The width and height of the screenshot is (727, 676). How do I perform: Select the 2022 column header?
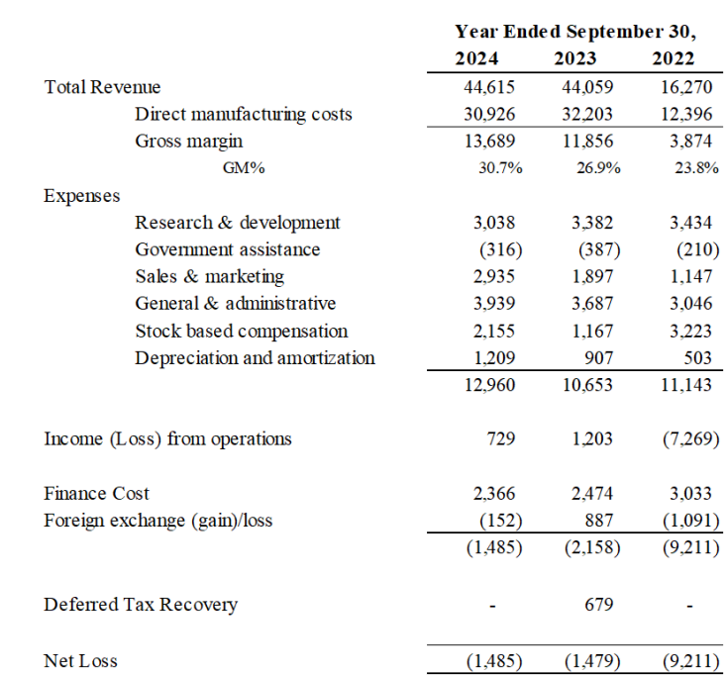(x=674, y=58)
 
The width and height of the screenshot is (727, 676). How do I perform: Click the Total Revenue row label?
(x=102, y=87)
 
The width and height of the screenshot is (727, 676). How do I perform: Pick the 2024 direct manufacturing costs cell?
(x=489, y=114)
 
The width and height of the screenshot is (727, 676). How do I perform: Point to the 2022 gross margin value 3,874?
(x=690, y=142)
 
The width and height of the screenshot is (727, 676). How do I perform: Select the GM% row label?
(x=244, y=168)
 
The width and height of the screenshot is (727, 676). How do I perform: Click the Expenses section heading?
(x=82, y=196)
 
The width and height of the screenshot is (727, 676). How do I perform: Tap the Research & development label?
(x=238, y=223)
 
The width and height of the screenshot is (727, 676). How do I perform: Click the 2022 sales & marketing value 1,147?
(x=690, y=276)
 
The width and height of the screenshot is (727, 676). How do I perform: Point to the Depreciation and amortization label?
(x=255, y=357)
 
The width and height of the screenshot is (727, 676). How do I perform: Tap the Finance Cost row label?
(x=97, y=493)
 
